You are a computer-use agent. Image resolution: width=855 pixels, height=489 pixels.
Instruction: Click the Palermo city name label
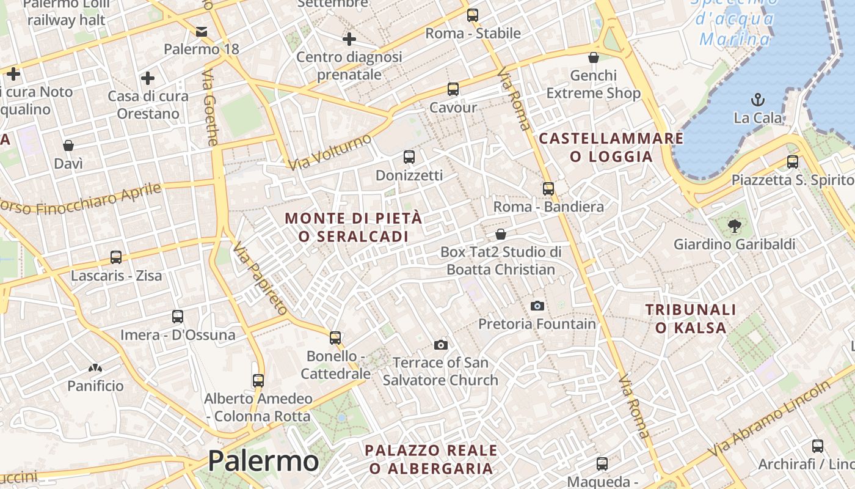coord(263,461)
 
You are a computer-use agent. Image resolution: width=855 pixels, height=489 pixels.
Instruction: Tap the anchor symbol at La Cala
coord(758,100)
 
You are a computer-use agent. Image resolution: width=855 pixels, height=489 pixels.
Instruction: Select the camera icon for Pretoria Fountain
coord(537,306)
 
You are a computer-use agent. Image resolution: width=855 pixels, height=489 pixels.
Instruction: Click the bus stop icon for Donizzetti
coord(409,157)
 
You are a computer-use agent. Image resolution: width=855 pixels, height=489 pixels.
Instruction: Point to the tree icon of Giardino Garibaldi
coord(734,226)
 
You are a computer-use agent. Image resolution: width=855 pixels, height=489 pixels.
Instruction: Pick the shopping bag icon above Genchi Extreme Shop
coord(593,57)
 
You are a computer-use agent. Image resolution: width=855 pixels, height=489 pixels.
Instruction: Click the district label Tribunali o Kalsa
coord(691,318)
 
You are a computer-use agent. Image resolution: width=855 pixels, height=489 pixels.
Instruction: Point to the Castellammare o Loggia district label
coord(611,147)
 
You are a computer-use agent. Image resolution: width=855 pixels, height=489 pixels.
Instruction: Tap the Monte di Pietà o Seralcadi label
coord(354,227)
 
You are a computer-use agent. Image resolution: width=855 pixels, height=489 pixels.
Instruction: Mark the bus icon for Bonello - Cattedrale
coord(335,337)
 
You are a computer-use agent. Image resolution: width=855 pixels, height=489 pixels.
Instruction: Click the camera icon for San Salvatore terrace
coord(440,345)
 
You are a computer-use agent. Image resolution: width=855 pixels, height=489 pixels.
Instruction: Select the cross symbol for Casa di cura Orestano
coord(147,78)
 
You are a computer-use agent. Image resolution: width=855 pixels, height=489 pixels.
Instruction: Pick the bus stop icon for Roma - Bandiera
coord(548,189)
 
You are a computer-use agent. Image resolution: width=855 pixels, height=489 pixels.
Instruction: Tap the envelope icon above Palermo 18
coord(202,32)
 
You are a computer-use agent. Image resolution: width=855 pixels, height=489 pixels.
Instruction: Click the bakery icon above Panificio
coord(95,368)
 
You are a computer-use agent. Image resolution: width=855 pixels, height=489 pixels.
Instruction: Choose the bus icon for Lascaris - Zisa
coord(116,257)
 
